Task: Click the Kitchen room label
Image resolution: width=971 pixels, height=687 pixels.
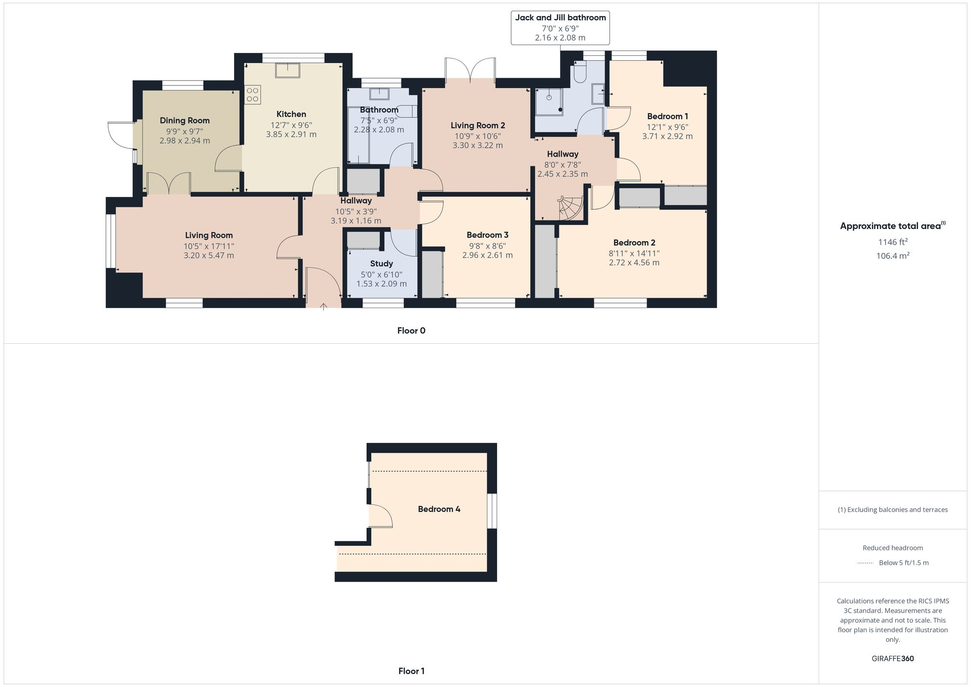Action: pyautogui.click(x=291, y=114)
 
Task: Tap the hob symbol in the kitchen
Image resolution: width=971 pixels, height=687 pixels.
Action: pyautogui.click(x=252, y=95)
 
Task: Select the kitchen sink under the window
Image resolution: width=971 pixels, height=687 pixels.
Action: pyautogui.click(x=287, y=70)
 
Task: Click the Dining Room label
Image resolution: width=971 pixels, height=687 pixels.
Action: pyautogui.click(x=184, y=120)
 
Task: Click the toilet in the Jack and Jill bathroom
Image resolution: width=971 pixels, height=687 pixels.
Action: pyautogui.click(x=580, y=73)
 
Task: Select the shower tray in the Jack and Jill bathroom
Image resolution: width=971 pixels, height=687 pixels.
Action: pyautogui.click(x=549, y=101)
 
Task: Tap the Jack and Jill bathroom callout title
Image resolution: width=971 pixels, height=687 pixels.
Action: pyautogui.click(x=560, y=17)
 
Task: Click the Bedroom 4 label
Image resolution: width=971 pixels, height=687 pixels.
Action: pyautogui.click(x=439, y=509)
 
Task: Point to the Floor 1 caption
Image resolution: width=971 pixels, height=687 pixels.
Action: pyautogui.click(x=411, y=671)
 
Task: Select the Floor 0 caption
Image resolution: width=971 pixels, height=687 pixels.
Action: pyautogui.click(x=411, y=331)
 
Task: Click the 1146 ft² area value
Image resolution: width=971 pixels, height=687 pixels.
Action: pyautogui.click(x=892, y=242)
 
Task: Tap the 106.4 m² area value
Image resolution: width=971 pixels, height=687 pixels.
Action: pyautogui.click(x=892, y=255)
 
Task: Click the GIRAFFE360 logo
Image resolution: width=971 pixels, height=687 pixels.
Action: pyautogui.click(x=892, y=659)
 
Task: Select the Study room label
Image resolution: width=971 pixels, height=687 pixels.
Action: pyautogui.click(x=381, y=264)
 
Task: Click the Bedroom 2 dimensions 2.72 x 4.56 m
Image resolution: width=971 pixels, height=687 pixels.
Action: pyautogui.click(x=634, y=263)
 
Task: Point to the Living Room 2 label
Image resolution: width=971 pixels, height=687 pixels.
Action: pyautogui.click(x=478, y=125)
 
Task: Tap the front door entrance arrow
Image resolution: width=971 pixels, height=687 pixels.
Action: pyautogui.click(x=323, y=306)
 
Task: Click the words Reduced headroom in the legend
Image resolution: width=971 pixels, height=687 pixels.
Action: pyautogui.click(x=892, y=548)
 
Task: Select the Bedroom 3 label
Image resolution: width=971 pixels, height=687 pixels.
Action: pyautogui.click(x=487, y=235)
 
